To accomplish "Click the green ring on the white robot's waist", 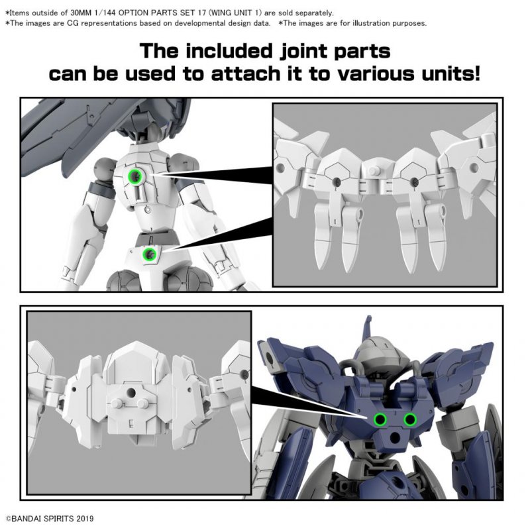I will [x=151, y=253].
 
